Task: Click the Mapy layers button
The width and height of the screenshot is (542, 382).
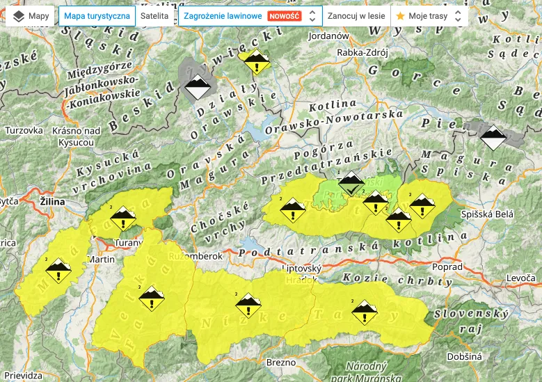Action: (29, 15)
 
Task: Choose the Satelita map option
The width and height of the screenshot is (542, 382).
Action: (152, 15)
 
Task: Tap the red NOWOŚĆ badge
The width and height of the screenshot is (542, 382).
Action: (284, 15)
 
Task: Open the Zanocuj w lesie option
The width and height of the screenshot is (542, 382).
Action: (355, 15)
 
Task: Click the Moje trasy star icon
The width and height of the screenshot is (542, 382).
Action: (400, 15)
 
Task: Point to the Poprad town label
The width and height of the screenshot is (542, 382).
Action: (446, 267)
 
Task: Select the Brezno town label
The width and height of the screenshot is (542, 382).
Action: (281, 362)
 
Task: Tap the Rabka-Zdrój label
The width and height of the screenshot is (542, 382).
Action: (361, 52)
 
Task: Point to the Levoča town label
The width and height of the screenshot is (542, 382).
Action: (522, 278)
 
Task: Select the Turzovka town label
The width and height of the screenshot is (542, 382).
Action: (24, 130)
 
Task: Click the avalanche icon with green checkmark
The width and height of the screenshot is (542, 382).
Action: (351, 184)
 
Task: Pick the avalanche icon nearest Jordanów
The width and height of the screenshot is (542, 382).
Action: (257, 63)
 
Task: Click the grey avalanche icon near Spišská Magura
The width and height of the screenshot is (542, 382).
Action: (493, 138)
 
